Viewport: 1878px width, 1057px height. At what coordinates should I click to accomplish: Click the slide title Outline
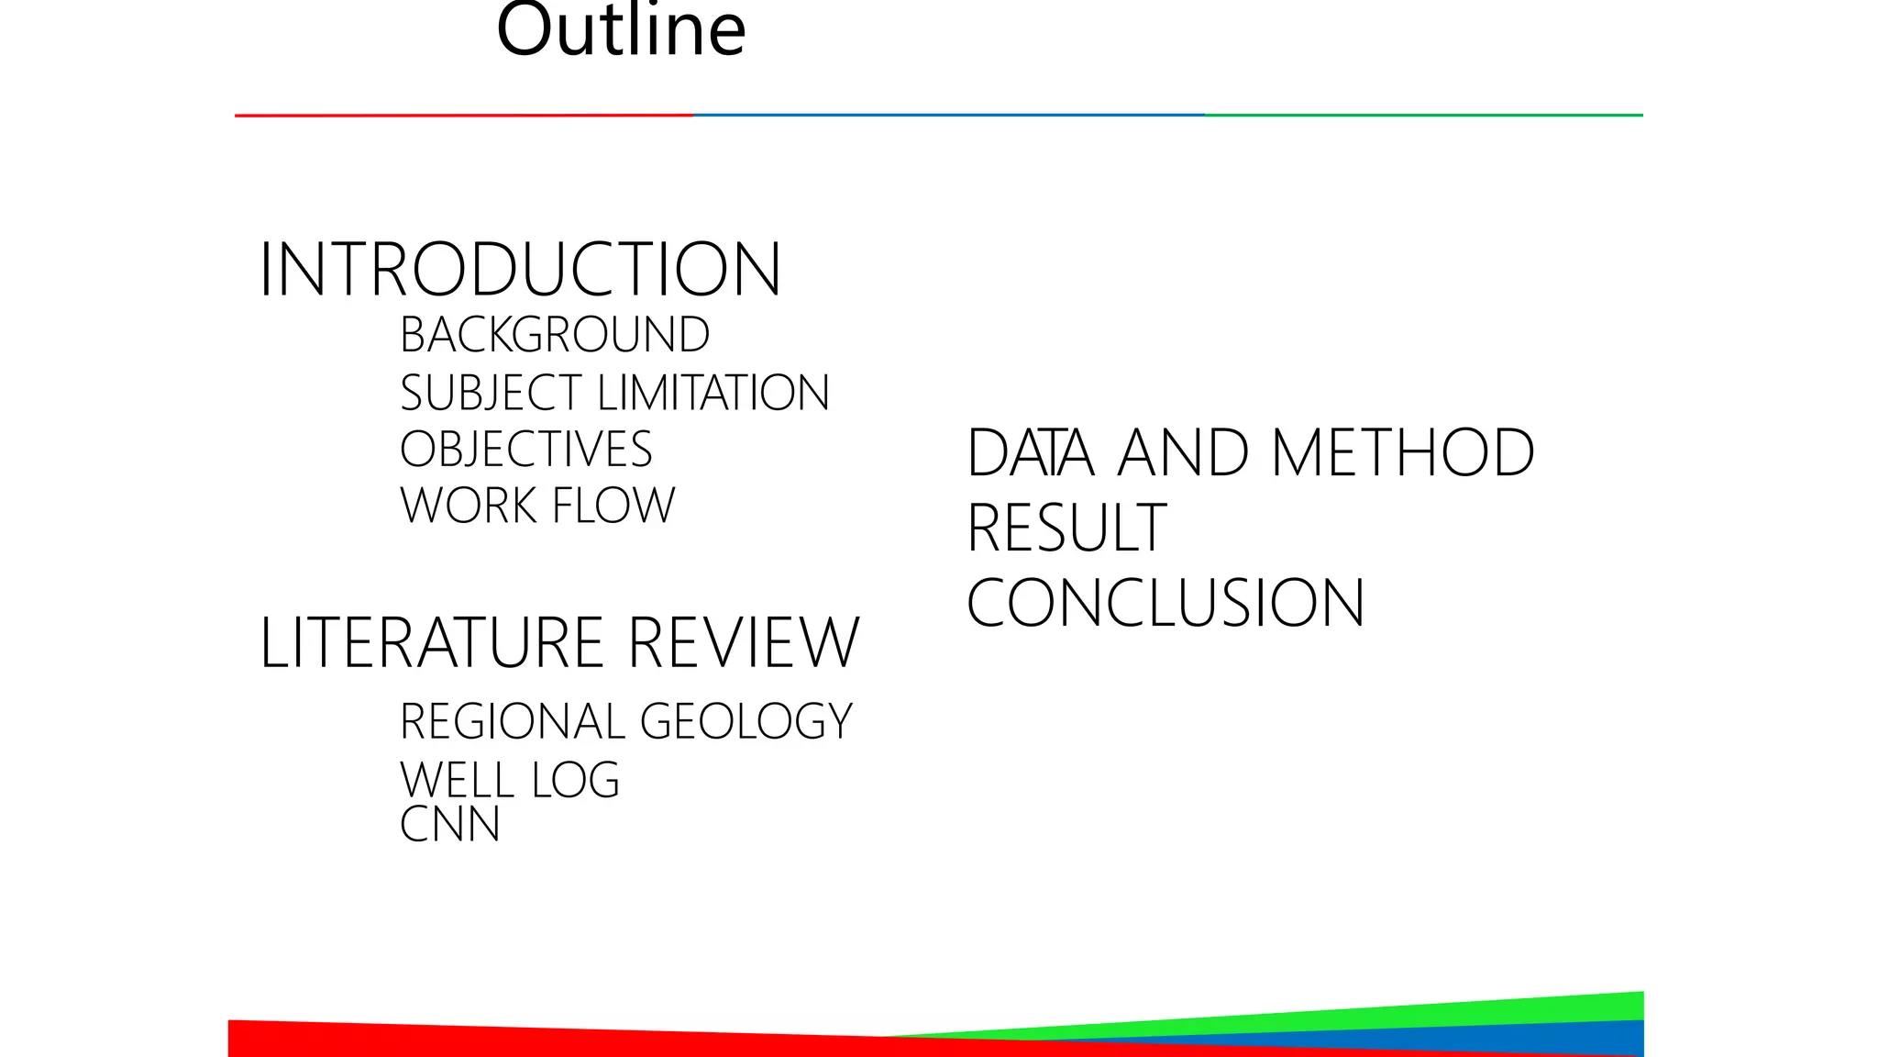(621, 31)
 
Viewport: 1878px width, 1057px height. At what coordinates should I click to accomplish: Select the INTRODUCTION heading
(520, 270)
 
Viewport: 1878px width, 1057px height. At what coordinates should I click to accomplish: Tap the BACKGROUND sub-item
(555, 335)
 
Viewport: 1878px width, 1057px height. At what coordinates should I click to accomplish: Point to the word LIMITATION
(713, 394)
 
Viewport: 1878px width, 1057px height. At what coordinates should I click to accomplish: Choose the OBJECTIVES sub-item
(525, 450)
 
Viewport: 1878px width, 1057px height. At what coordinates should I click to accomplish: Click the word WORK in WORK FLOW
(468, 506)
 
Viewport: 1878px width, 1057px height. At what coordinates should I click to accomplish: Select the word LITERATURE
(432, 642)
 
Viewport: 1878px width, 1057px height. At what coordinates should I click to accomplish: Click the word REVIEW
(744, 642)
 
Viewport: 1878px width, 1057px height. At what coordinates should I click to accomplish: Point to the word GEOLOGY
(746, 721)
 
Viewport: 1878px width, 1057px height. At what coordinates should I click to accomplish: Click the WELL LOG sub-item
(510, 780)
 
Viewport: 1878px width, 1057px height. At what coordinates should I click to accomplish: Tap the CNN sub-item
(449, 824)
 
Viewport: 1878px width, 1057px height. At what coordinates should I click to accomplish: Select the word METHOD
(1403, 453)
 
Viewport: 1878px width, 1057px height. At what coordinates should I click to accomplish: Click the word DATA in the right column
(1031, 453)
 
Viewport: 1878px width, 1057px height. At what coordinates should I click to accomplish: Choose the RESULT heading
(1066, 528)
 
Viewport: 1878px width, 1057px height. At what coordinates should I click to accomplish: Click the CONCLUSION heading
(1165, 604)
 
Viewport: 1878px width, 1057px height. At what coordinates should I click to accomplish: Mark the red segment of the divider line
(464, 116)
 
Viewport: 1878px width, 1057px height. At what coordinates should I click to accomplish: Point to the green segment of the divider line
(1423, 116)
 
